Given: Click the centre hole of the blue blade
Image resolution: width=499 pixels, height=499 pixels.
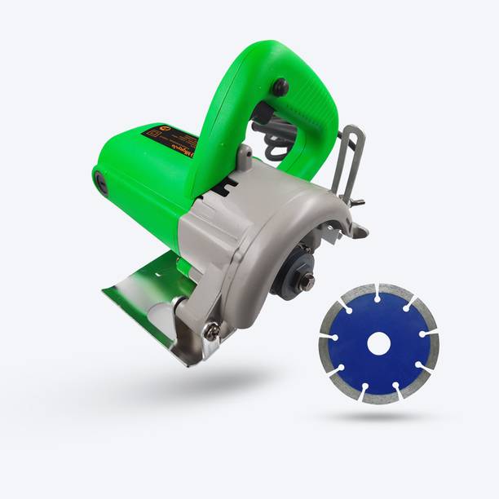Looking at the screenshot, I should click(378, 344).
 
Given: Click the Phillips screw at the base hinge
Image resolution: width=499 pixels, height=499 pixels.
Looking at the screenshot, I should click(211, 331).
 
